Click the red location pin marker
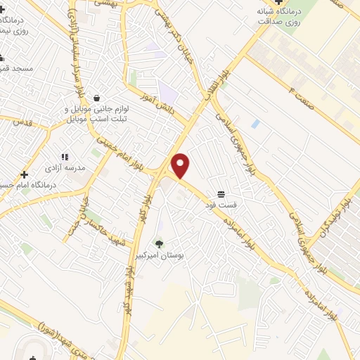pos(181,166)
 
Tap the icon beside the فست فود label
pos(221,193)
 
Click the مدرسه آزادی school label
pos(65,169)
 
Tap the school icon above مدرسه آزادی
pos(64,157)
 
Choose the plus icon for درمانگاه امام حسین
pos(25,174)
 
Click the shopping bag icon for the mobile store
pos(96,98)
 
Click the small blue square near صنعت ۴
pos(255,124)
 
